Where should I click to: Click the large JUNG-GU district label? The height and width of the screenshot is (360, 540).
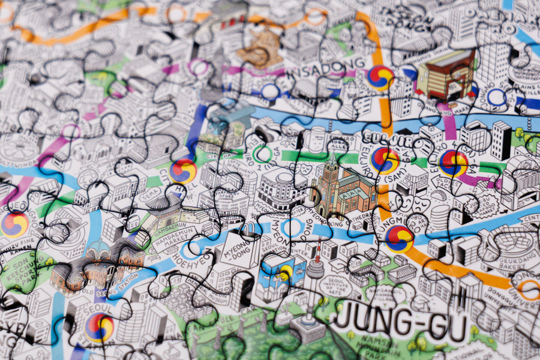pos(400,325)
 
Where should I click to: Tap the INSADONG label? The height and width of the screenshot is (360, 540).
pos(328,65)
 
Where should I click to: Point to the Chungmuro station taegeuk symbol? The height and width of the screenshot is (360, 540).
pos(400,239)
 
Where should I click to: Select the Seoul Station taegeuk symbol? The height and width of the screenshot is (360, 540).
pos(100,328)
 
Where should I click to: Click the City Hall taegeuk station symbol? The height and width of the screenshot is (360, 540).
pos(183,171)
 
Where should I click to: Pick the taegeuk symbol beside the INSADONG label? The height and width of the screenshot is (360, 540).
pos(380,78)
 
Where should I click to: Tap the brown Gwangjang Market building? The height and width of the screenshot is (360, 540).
pos(445,74)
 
